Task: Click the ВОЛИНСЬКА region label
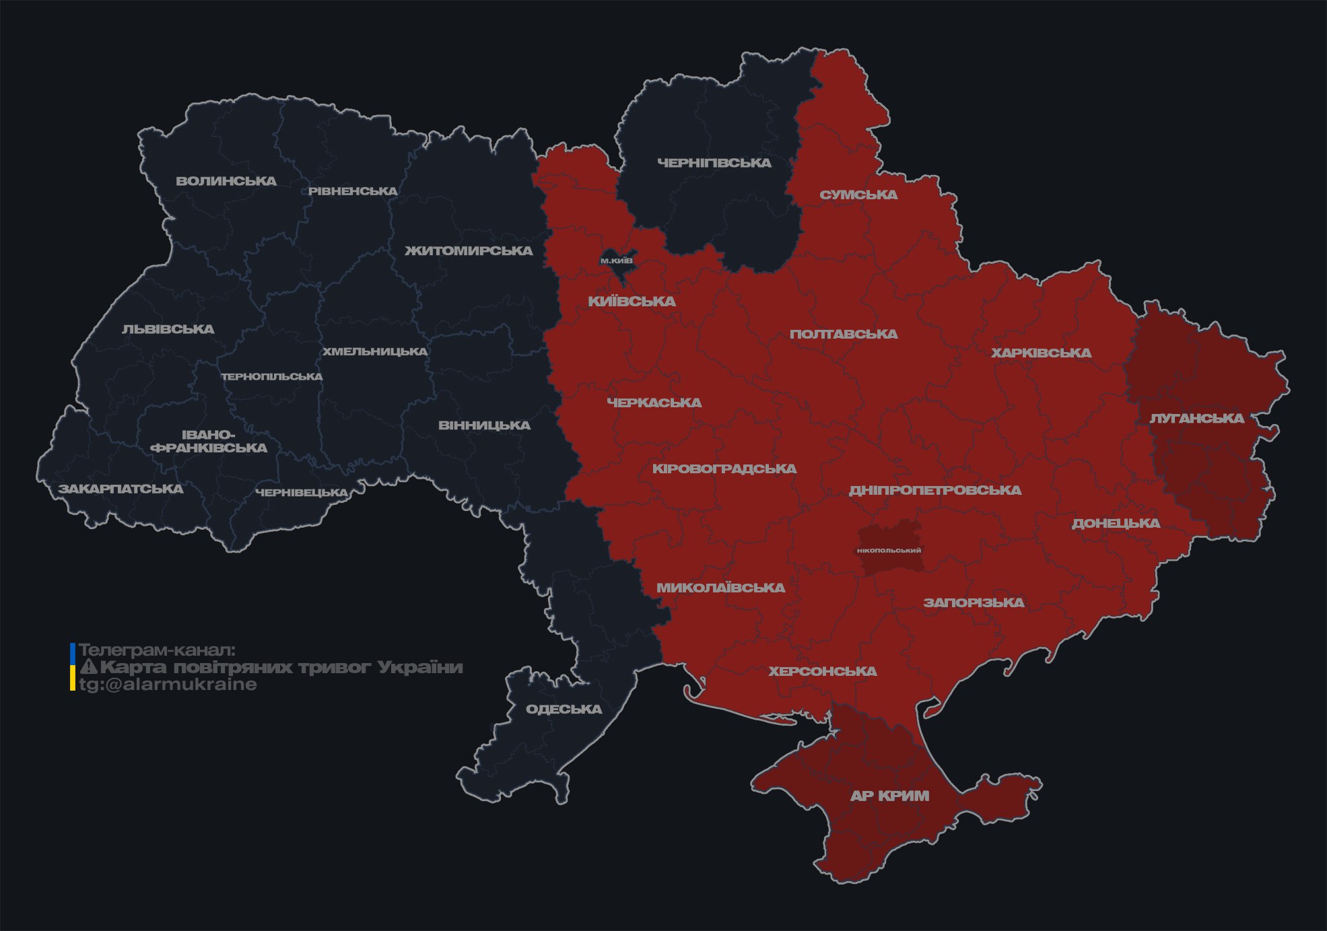click(x=226, y=181)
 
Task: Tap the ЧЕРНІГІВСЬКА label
click(x=714, y=163)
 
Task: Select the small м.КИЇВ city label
click(x=616, y=261)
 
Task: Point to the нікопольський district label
click(x=889, y=550)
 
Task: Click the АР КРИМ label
click(x=889, y=796)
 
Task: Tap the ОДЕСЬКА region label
click(x=564, y=709)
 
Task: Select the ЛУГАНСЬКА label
click(x=1196, y=418)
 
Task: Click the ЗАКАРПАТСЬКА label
click(x=121, y=489)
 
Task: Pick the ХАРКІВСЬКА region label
click(x=1041, y=353)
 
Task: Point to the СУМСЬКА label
click(x=858, y=195)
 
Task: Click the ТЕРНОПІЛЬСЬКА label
click(x=272, y=376)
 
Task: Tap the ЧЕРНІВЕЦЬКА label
click(x=302, y=493)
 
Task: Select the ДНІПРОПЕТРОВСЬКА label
click(x=934, y=490)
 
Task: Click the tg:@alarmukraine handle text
click(x=168, y=685)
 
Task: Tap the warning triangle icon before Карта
click(x=89, y=667)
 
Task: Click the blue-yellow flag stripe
click(x=72, y=666)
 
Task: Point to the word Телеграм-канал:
click(x=157, y=650)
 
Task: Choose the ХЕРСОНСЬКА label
click(x=822, y=671)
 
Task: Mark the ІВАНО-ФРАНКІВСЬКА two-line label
click(x=209, y=441)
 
